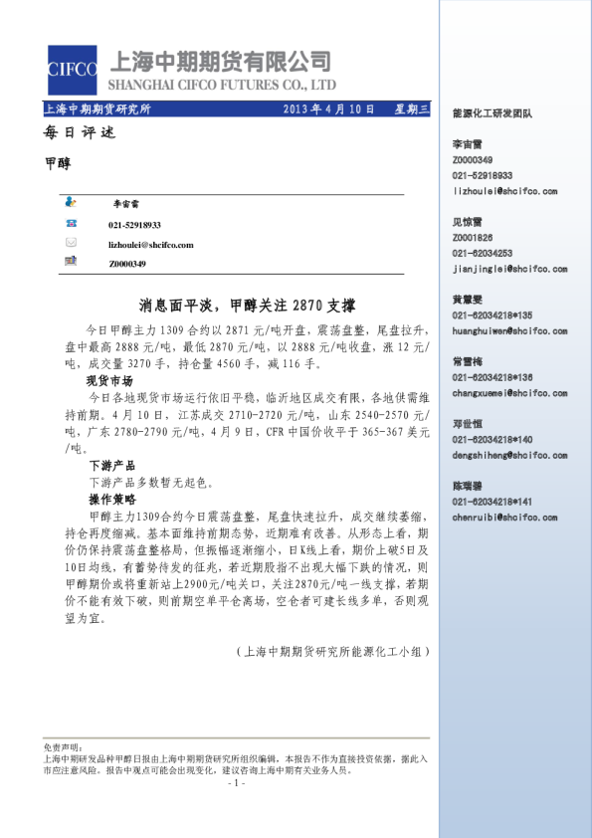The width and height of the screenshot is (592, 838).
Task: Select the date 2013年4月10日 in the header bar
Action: (329, 108)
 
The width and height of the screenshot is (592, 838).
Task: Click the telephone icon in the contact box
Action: (71, 225)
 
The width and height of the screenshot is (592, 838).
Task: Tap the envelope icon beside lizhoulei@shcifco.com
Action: (71, 243)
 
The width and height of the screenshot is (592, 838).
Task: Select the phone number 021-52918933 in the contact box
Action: (134, 226)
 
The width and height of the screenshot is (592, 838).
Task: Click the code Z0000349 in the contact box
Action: (127, 264)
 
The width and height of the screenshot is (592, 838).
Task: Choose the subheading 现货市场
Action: (110, 380)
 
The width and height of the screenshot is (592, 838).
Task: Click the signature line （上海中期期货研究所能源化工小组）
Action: (330, 652)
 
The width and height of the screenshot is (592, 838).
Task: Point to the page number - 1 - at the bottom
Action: (236, 783)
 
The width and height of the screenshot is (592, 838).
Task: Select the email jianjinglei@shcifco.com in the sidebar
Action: (509, 269)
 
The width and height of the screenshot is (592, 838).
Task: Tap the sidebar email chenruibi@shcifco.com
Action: (508, 518)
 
